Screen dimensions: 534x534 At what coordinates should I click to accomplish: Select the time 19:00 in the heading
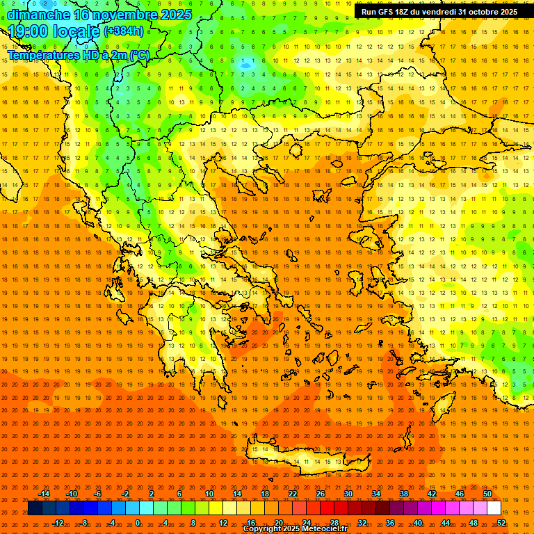pos(29,31)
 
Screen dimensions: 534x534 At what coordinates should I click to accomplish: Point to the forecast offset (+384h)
pos(124,31)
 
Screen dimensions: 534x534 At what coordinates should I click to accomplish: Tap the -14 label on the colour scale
pos(44,494)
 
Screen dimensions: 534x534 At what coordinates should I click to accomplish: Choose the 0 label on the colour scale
pos(138,523)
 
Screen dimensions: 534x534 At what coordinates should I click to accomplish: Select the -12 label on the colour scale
pos(58,523)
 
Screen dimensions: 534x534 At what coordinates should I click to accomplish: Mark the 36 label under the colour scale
pos(390,523)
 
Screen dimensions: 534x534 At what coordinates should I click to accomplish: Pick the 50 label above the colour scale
pos(487,494)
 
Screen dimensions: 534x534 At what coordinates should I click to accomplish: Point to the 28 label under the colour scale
pos(334,523)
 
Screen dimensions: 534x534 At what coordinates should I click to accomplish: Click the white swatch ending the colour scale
pos(494,508)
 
